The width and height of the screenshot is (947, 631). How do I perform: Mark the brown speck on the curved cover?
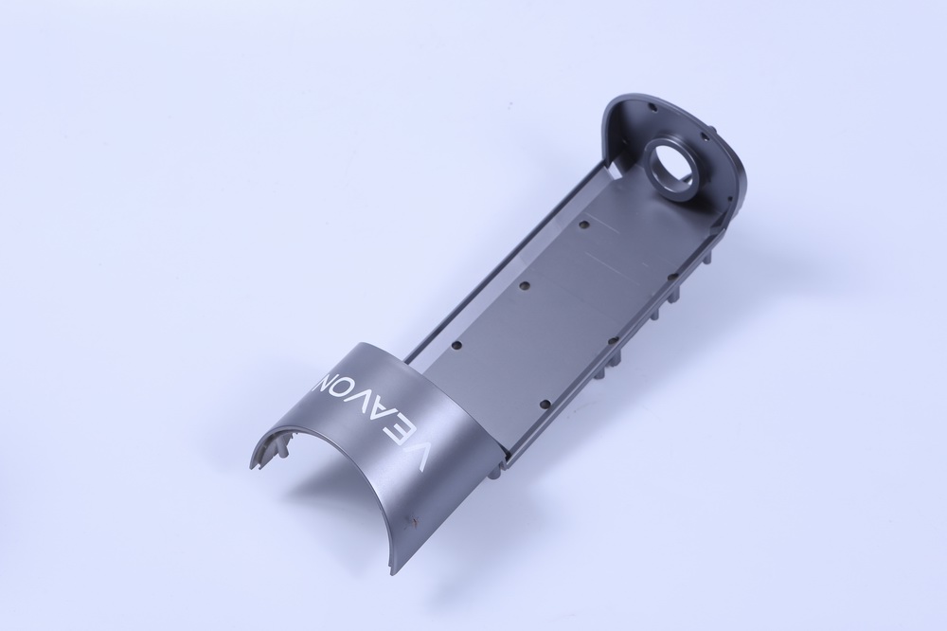(415, 518)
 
